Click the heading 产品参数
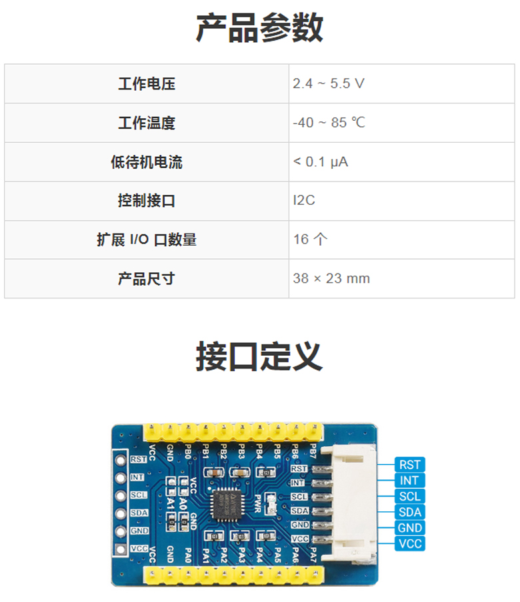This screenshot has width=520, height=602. click(259, 28)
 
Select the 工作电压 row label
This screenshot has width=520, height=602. click(147, 84)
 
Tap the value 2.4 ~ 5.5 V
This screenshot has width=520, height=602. click(329, 84)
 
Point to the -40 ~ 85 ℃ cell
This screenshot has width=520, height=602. click(329, 123)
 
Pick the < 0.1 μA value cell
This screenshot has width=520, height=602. click(321, 162)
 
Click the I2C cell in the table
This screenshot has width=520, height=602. click(304, 201)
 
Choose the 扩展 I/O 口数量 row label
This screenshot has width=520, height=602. click(147, 240)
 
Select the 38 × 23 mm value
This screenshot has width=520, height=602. click(331, 278)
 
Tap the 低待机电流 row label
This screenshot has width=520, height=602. click(147, 162)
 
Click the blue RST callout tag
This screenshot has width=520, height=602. click(409, 465)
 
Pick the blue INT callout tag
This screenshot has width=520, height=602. click(409, 481)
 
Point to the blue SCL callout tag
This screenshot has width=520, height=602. click(409, 497)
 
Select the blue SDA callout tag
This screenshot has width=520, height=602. click(409, 512)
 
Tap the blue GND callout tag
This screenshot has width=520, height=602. click(409, 528)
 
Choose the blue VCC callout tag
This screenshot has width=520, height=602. click(409, 544)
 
